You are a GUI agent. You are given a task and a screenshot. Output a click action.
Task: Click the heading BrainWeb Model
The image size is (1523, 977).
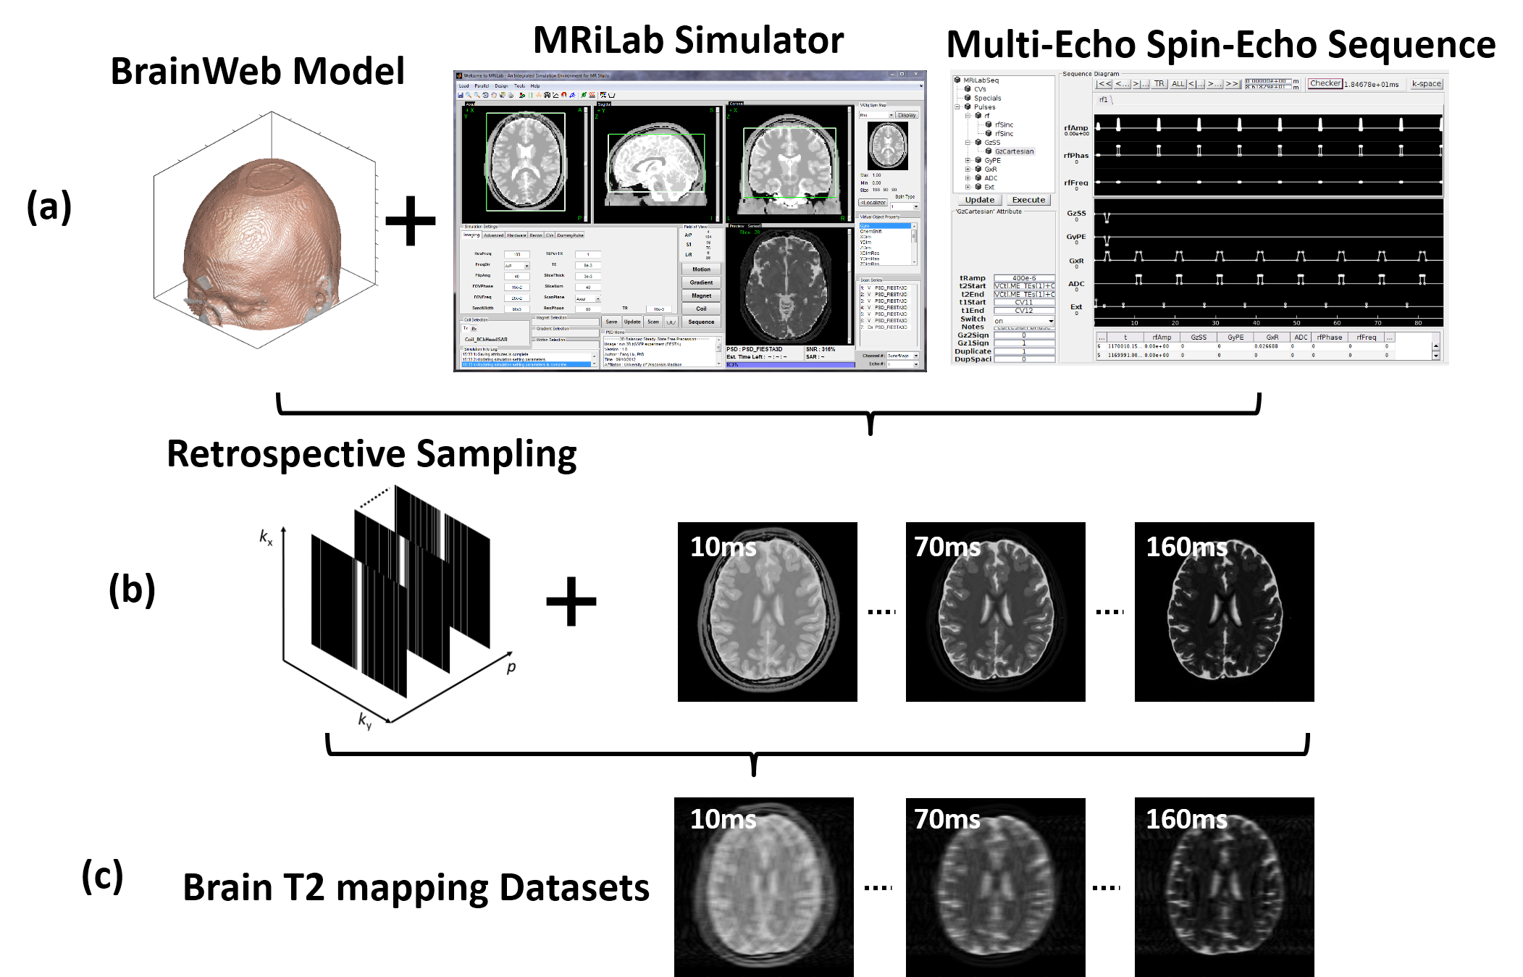pyautogui.click(x=257, y=72)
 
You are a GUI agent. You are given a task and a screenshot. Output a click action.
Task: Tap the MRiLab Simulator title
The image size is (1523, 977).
pyautogui.click(x=688, y=40)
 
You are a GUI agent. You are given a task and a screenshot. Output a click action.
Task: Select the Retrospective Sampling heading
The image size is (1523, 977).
pyautogui.click(x=372, y=454)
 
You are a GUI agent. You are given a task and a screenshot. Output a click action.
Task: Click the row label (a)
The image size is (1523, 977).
pyautogui.click(x=49, y=206)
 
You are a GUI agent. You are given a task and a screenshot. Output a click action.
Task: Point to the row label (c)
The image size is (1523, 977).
pyautogui.click(x=102, y=876)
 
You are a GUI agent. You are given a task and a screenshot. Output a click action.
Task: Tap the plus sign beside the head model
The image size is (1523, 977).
pyautogui.click(x=410, y=221)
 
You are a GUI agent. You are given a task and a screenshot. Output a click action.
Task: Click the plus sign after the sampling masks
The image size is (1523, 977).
pyautogui.click(x=571, y=601)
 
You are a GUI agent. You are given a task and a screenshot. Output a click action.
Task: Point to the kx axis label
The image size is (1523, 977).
pyautogui.click(x=266, y=537)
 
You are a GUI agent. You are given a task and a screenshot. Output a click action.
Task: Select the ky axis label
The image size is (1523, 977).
pyautogui.click(x=364, y=720)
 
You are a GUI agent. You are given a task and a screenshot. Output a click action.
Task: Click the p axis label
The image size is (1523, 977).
pyautogui.click(x=511, y=666)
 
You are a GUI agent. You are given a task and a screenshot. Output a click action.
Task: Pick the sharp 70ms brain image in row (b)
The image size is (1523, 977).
pyautogui.click(x=995, y=612)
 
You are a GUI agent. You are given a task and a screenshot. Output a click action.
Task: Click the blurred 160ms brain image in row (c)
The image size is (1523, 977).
pyautogui.click(x=1224, y=887)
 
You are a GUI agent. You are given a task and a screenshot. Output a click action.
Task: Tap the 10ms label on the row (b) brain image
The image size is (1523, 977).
pyautogui.click(x=723, y=547)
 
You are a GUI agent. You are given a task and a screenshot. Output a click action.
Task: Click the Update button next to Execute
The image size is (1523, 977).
pyautogui.click(x=979, y=200)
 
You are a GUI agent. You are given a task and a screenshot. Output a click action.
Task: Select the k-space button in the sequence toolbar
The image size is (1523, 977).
pyautogui.click(x=1426, y=84)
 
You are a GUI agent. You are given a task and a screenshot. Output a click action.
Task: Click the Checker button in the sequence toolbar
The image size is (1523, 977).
pyautogui.click(x=1325, y=83)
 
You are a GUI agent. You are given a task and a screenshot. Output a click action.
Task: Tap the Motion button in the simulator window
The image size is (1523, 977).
pyautogui.click(x=701, y=269)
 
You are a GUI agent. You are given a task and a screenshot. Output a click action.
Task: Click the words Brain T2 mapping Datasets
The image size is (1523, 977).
pyautogui.click(x=416, y=888)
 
